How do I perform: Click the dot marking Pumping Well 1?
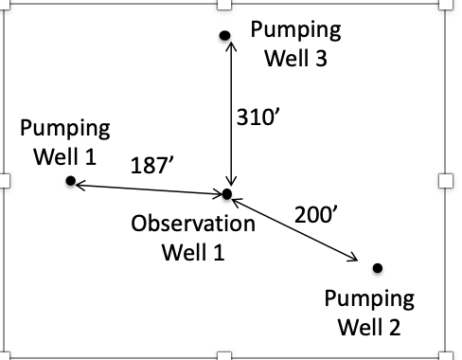(69, 180)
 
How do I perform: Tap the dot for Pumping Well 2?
(378, 268)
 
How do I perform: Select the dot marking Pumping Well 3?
(225, 36)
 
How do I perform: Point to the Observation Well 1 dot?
(226, 194)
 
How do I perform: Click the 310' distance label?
(257, 117)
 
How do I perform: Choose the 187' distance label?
(151, 166)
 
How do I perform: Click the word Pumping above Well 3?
(295, 28)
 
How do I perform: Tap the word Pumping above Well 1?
(64, 127)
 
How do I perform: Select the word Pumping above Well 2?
(369, 299)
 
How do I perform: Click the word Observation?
(193, 225)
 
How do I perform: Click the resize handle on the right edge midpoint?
(446, 180)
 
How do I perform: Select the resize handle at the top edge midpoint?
(224, 5)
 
